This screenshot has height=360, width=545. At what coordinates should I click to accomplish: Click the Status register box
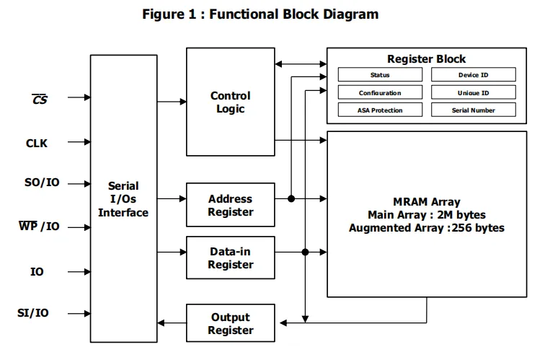380,74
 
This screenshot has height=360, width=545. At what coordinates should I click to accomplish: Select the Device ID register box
474,74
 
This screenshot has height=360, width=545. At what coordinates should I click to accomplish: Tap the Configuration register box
380,92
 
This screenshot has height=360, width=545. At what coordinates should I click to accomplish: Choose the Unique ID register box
474,92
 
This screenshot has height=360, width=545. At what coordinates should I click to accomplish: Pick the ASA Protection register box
380,110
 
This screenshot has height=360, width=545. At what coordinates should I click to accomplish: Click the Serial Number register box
474,110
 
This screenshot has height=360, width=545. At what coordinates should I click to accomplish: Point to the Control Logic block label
231,102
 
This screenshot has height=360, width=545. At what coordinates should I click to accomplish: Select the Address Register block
231,205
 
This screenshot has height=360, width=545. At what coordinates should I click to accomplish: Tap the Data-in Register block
231,258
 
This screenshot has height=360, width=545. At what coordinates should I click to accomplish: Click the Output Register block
231,323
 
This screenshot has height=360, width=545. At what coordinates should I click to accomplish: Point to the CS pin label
40,100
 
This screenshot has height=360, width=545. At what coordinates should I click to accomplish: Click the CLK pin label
37,144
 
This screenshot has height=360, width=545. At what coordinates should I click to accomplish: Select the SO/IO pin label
42,183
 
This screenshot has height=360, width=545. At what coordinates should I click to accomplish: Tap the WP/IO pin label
39,226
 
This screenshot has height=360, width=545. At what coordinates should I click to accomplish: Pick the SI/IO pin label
33,312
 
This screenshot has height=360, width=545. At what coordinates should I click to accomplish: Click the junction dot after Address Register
291,198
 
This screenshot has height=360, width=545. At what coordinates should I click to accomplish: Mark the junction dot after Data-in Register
305,252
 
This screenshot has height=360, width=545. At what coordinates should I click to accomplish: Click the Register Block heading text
427,58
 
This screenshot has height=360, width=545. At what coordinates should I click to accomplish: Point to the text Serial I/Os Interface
123,199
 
